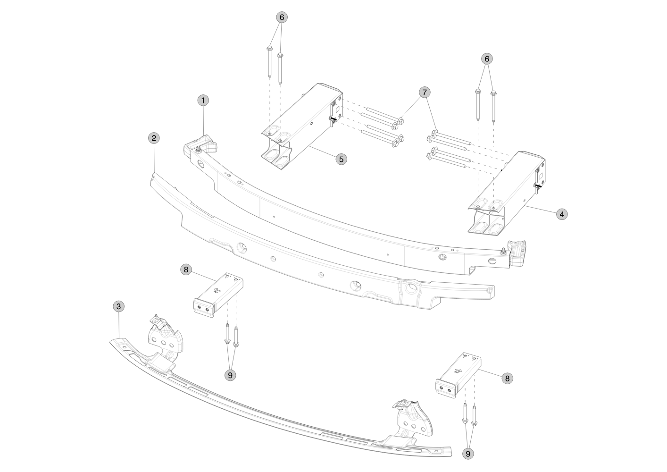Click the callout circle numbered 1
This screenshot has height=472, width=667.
coord(203,101)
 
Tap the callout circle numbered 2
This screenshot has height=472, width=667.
coord(154,138)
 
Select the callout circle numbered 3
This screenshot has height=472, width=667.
coord(118,306)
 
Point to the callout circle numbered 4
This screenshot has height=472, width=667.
coord(562,214)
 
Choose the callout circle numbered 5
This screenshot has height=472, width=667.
coord(341,159)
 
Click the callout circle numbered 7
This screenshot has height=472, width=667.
coord(425,93)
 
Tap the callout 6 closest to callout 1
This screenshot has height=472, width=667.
coord(282,17)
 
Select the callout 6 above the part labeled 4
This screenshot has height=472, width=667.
coord(487,59)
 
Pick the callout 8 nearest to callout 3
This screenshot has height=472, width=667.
coord(186,270)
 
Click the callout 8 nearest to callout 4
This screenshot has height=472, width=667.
coord(508,378)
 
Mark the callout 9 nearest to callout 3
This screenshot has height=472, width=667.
coord(230,375)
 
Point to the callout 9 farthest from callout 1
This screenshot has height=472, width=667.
coord(468,454)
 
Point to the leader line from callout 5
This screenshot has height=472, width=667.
coord(322,152)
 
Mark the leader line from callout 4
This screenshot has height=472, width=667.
coord(540,210)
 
